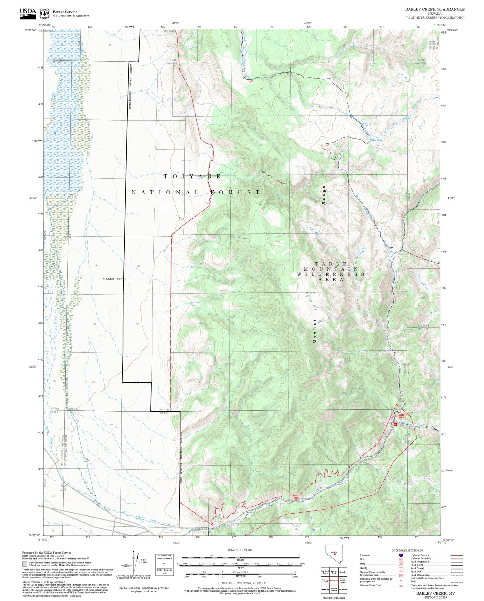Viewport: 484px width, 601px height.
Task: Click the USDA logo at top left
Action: (28, 12)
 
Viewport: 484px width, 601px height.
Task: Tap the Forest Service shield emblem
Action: (44, 14)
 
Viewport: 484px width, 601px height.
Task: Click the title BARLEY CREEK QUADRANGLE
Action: (434, 9)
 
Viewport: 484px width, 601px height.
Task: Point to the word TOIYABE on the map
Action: (192, 176)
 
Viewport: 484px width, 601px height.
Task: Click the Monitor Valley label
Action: (114, 279)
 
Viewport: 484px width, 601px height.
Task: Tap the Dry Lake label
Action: (377, 140)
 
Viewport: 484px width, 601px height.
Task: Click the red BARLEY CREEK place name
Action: (402, 416)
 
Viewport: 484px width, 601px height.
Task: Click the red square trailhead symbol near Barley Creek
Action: (395, 424)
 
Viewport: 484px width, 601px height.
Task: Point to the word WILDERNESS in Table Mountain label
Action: (331, 274)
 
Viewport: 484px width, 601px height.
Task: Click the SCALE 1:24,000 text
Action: (240, 550)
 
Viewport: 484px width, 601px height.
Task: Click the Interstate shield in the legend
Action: (401, 555)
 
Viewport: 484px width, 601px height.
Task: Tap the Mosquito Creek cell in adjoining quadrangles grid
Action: (334, 572)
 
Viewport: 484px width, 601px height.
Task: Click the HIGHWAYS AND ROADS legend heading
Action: (408, 550)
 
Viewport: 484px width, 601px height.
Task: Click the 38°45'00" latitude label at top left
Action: (30, 30)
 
